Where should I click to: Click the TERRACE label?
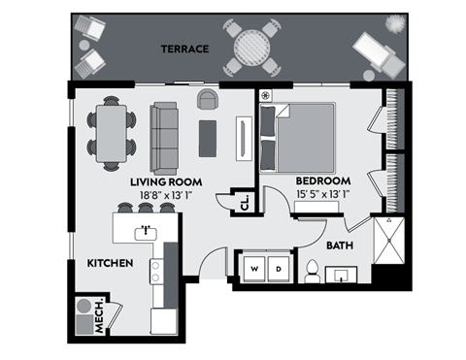tap(185, 49)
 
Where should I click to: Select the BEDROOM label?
tap(322, 181)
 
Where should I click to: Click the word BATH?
tap(339, 246)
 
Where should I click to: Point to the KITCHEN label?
tap(109, 263)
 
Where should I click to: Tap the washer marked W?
tap(255, 268)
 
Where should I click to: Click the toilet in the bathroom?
tap(314, 273)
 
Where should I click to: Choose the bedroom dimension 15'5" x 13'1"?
tap(322, 195)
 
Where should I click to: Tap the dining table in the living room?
tap(113, 133)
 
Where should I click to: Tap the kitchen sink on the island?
tap(146, 230)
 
